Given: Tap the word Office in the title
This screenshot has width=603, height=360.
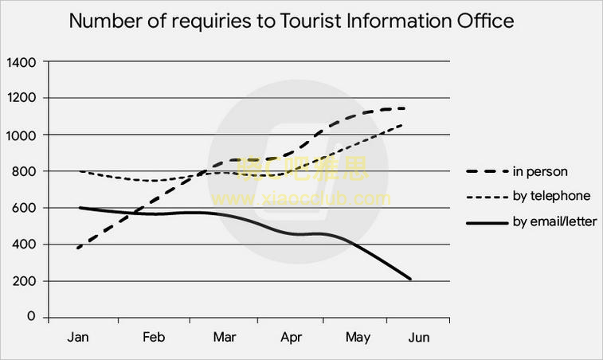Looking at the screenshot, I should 485,21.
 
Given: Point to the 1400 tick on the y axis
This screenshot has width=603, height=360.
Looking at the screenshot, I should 21,61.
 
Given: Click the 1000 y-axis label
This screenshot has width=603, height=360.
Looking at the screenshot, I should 21,135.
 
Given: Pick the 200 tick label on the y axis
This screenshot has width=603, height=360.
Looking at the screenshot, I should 24,281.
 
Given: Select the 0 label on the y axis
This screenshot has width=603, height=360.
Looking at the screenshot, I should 32,317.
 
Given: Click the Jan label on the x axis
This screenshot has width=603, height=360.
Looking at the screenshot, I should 78,338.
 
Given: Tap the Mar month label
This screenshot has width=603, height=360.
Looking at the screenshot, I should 225,338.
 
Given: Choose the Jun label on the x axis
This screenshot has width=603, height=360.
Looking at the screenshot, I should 418,338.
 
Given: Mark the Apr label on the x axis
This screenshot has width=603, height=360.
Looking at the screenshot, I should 292,338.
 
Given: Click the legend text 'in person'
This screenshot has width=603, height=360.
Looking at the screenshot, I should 539,170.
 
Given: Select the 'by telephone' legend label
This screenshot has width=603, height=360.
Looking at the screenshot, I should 550,195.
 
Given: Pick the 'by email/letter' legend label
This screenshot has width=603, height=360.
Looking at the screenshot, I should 554,221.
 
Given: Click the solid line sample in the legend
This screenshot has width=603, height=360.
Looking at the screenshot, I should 485,222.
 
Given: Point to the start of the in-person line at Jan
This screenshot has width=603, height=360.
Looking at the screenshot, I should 78,248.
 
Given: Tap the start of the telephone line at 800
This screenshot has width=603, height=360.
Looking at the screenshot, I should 79,171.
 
